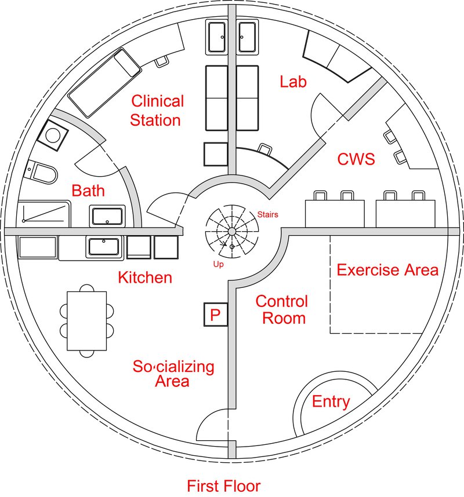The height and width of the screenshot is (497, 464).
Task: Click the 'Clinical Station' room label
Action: (x=157, y=111)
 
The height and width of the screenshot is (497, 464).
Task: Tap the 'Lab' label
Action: (x=293, y=82)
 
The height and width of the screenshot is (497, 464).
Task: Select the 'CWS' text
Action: (x=356, y=159)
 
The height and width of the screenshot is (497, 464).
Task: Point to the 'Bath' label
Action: (x=88, y=191)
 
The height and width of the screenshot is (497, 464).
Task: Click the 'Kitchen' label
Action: (x=145, y=277)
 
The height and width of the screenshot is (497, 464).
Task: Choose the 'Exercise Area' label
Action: (x=387, y=270)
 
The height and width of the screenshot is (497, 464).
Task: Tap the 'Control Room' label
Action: (x=281, y=309)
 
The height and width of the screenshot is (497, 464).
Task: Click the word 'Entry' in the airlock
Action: (x=331, y=401)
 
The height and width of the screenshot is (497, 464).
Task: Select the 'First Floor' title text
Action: (x=223, y=485)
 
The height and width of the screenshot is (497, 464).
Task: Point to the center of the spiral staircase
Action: (x=231, y=231)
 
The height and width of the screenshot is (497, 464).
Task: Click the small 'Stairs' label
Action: (x=267, y=215)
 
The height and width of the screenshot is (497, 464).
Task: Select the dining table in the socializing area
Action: (x=87, y=320)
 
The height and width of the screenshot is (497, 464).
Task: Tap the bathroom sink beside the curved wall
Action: (x=107, y=216)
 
